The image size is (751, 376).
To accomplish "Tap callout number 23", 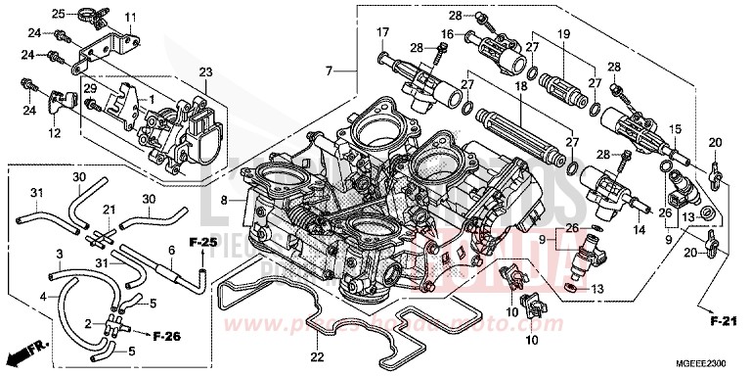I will (205, 71).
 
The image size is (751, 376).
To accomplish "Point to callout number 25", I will (58, 13).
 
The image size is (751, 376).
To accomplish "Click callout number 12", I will (55, 133).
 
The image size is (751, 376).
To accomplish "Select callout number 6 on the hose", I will (170, 251).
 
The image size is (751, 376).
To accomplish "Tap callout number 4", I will (42, 295).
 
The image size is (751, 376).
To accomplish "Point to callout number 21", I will (110, 209).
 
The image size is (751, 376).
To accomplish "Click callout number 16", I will (444, 33).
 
